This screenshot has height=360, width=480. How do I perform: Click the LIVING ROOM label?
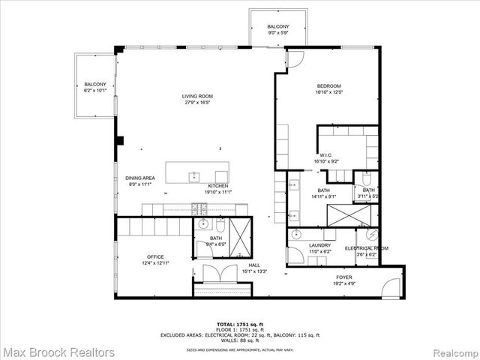(198, 96)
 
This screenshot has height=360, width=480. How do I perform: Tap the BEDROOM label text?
(329, 87)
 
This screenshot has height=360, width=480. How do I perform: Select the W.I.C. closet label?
(325, 155)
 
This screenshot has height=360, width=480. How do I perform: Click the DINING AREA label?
(140, 178)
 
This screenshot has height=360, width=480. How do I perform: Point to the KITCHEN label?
(218, 186)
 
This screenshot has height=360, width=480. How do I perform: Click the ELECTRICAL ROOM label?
(366, 248)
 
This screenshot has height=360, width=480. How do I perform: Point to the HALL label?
(255, 265)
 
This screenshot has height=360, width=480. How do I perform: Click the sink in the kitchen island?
(193, 176)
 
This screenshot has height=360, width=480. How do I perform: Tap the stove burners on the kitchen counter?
(199, 208)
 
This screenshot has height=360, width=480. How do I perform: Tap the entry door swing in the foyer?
(391, 286)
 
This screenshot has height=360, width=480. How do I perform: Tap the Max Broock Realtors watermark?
(58, 352)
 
